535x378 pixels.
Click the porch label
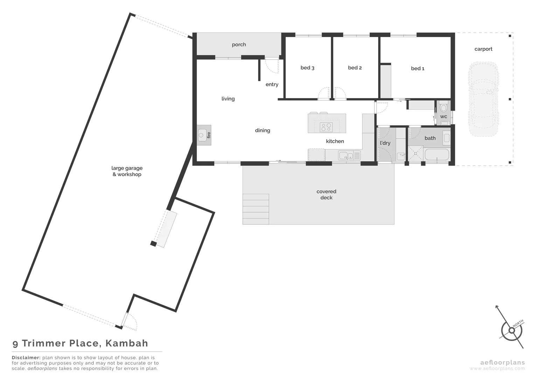point(239,44)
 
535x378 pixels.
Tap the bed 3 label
point(307,68)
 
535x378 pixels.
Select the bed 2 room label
point(355,68)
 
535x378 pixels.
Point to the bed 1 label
point(417,68)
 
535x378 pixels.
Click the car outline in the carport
point(483,99)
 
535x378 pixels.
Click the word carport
point(483,49)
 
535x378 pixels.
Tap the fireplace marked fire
point(204,135)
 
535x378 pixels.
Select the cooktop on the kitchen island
point(326,127)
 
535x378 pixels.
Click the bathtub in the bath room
point(437,154)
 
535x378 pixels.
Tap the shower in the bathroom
point(416,153)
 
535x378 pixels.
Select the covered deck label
point(326,195)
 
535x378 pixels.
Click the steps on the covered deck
point(256,209)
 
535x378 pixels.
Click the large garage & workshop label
point(127,171)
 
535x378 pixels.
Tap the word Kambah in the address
point(127,343)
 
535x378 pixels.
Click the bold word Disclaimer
point(26,358)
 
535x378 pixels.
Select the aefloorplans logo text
point(502,363)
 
